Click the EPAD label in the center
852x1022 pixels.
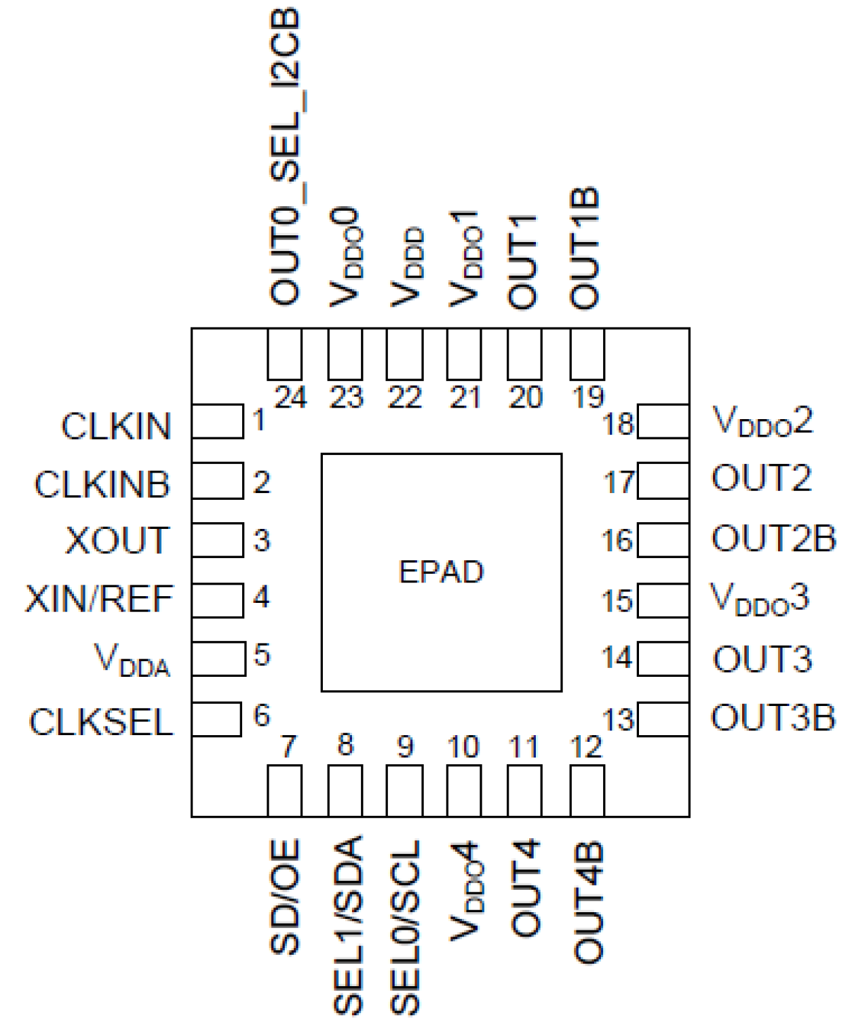tap(441, 572)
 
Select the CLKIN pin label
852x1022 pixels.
tap(116, 427)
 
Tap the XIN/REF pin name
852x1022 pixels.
tap(99, 600)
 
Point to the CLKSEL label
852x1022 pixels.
tap(101, 722)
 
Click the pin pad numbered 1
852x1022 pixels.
tap(217, 421)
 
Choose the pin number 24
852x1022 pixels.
tap(290, 397)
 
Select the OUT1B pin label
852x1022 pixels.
tap(585, 248)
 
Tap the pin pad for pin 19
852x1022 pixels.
tap(587, 355)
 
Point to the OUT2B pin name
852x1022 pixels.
tap(773, 539)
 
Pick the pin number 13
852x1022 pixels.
tap(618, 720)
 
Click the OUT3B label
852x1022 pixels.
tap(773, 718)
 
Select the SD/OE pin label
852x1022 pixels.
tap(285, 897)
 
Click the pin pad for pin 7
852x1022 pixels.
tap(284, 790)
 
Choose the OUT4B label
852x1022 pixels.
tap(587, 902)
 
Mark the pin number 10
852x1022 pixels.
tap(463, 747)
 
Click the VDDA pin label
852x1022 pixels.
tap(132, 660)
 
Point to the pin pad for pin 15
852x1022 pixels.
tap(663, 600)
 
